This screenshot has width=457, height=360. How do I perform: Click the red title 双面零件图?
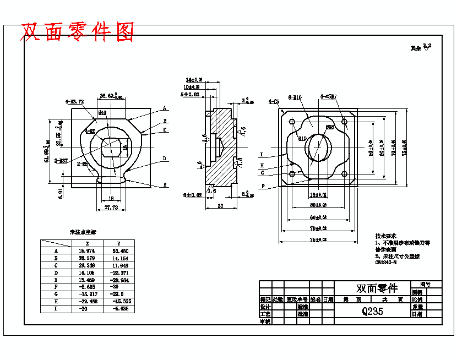pos(77,32)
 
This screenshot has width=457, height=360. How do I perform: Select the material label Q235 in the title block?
pos(373,311)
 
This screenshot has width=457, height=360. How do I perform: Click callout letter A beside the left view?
pos(164,108)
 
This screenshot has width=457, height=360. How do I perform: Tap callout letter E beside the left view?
pos(164,186)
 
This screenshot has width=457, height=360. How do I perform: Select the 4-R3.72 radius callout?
pos(74,102)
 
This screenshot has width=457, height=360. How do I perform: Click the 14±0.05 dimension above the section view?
pos(194,80)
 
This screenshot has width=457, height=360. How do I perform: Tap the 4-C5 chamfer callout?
pos(274,102)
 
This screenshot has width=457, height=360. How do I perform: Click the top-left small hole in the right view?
pos(292,122)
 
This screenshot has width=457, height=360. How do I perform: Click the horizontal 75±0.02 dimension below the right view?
pos(318,239)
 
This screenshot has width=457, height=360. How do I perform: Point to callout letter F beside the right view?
pos(263,187)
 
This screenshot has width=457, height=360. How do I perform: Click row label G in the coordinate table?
pos(56,294)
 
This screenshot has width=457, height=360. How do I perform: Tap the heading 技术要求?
pos(385,235)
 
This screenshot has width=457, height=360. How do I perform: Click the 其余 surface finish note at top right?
pos(416,48)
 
